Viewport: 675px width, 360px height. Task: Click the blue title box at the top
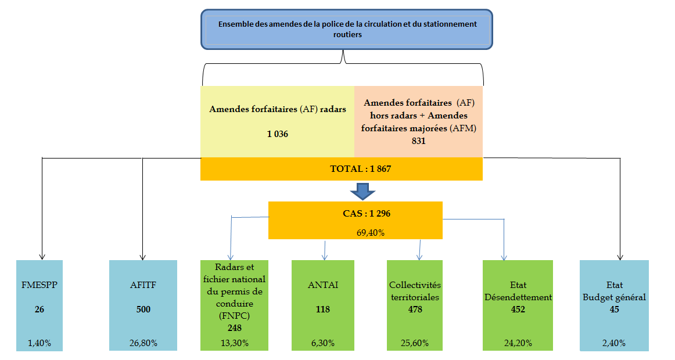(347, 29)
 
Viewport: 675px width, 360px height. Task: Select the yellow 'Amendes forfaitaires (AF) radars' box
(277, 122)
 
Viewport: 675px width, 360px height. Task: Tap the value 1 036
(278, 134)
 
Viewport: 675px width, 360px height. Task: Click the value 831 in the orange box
(418, 141)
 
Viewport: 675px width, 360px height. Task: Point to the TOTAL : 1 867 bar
(342, 169)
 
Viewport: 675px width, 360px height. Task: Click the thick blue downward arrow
(362, 192)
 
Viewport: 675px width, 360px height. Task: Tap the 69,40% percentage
(371, 233)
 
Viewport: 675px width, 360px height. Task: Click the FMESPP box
(40, 305)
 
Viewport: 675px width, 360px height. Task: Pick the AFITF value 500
(143, 309)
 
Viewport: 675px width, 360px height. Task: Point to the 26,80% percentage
(143, 343)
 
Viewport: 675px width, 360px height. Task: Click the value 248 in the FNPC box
(235, 328)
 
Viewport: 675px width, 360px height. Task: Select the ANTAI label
(323, 285)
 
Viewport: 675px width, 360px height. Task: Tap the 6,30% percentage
(323, 343)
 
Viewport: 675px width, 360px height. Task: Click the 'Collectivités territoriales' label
(415, 291)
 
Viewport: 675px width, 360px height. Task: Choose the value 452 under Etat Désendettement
(518, 309)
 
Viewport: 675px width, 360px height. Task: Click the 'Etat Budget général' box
(615, 305)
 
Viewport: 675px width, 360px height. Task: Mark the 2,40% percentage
(614, 343)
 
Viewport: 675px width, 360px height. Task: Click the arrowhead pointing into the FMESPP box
(42, 257)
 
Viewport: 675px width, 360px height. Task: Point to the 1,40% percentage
(40, 343)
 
